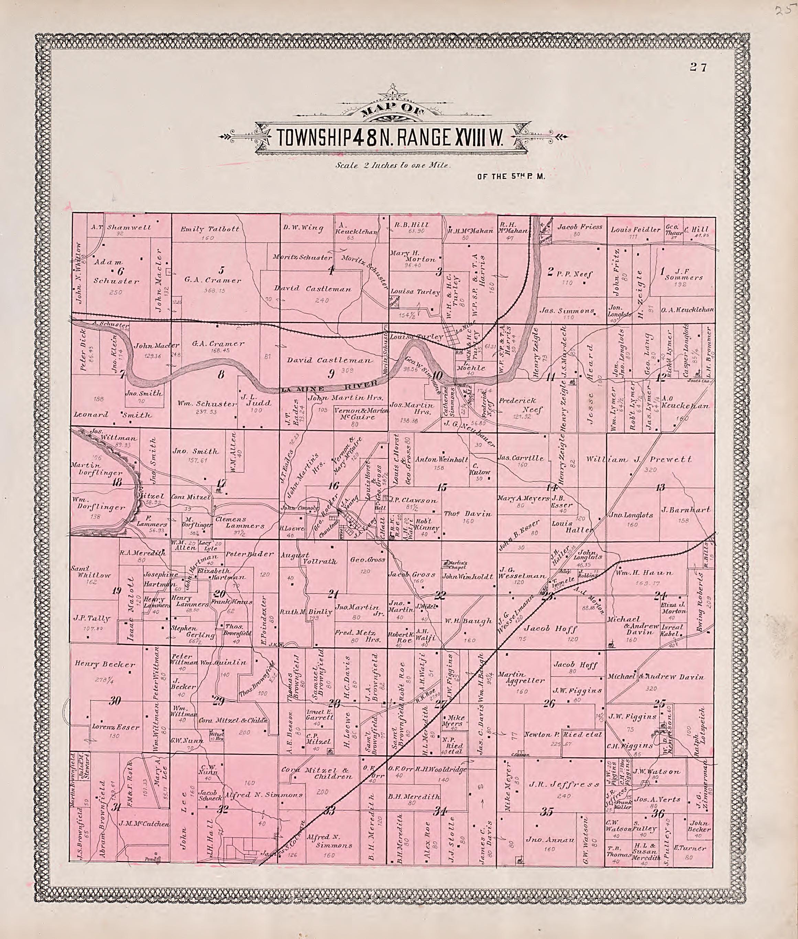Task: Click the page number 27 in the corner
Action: coord(698,67)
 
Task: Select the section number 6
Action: coord(120,271)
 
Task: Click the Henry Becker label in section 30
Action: coord(105,664)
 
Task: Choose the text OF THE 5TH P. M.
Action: coord(511,177)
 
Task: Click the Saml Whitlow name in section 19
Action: coord(90,571)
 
